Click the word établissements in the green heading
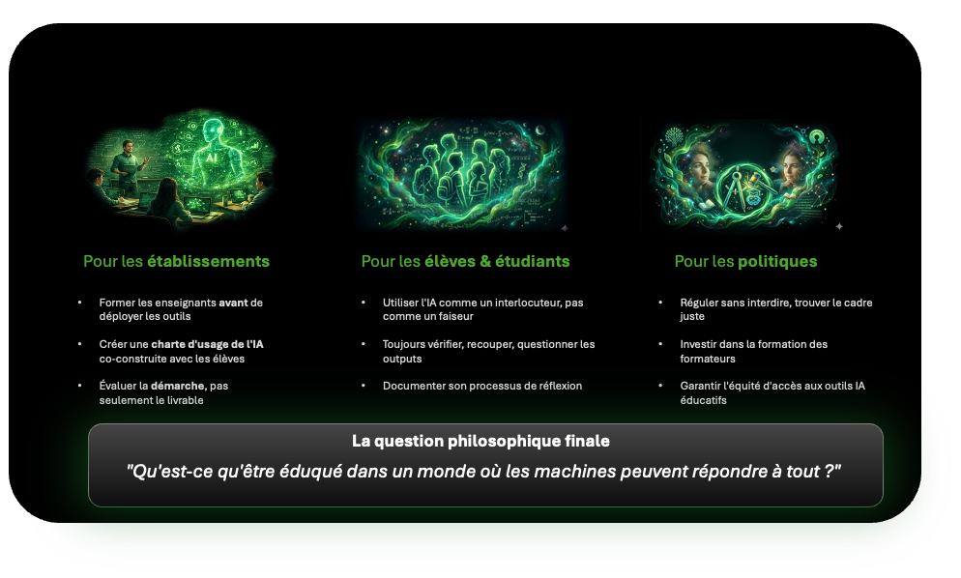209,261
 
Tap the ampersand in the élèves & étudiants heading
485,261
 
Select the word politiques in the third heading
777,262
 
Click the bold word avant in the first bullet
234,303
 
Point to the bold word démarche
178,386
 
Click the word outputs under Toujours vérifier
402,360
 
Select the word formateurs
708,359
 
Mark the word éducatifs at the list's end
703,400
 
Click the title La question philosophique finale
480,441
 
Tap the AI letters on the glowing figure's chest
212,158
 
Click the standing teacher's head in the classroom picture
128,147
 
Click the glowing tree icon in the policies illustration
674,136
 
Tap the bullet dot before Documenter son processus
364,386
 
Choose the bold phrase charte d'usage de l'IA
207,344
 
